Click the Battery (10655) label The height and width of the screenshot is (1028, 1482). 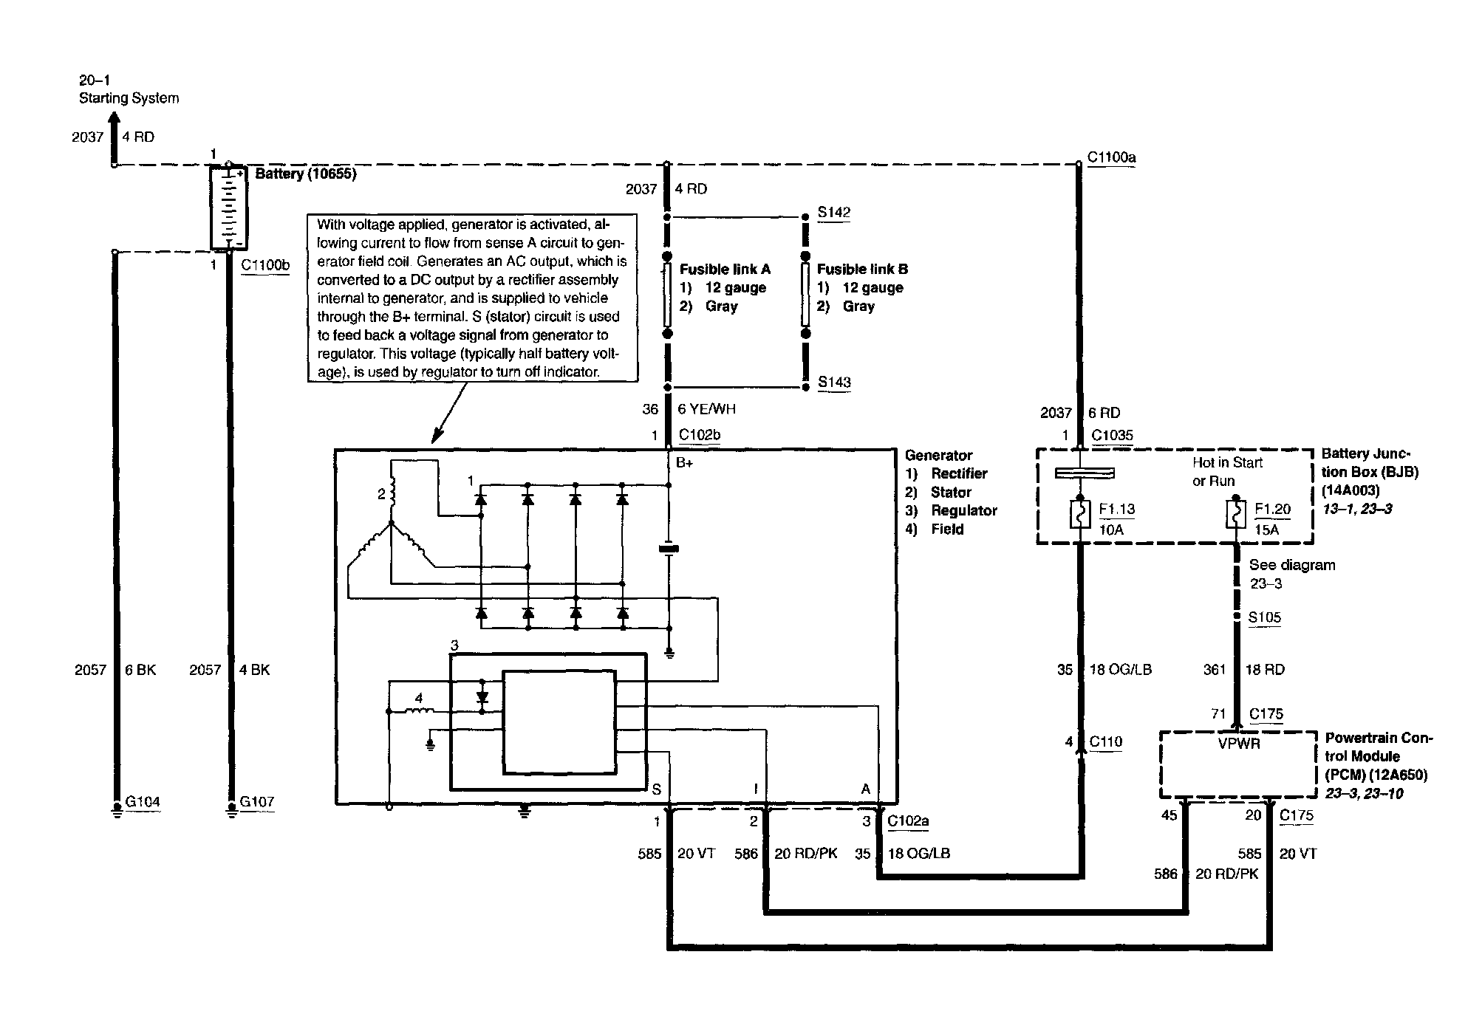pyautogui.click(x=306, y=174)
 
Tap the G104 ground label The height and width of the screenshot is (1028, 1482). pyautogui.click(x=143, y=801)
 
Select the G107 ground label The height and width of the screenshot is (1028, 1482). pyautogui.click(x=256, y=801)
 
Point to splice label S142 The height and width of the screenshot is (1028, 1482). pyautogui.click(x=834, y=213)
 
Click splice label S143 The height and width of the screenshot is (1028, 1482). pyautogui.click(x=834, y=383)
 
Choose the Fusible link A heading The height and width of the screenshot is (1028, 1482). pyautogui.click(x=725, y=270)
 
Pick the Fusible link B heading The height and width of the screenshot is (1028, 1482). pyautogui.click(x=862, y=270)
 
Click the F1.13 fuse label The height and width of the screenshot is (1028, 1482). pyautogui.click(x=1116, y=510)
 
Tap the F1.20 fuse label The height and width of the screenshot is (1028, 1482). pyautogui.click(x=1272, y=510)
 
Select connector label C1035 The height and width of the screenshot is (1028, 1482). pyautogui.click(x=1112, y=435)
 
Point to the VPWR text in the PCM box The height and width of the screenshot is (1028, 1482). pyautogui.click(x=1239, y=744)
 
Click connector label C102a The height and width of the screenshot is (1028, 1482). pyautogui.click(x=908, y=820)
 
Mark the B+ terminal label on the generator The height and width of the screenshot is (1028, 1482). pyautogui.click(x=685, y=464)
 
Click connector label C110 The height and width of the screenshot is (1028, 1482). pyautogui.click(x=1106, y=742)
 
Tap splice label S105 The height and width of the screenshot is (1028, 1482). pyautogui.click(x=1264, y=618)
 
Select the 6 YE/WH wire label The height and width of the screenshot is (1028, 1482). pyautogui.click(x=707, y=409)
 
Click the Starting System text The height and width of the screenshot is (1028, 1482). pyautogui.click(x=129, y=98)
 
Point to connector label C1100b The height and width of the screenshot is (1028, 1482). pyautogui.click(x=265, y=264)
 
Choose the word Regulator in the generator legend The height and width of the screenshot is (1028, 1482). pyautogui.click(x=963, y=511)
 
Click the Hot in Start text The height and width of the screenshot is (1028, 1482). pyautogui.click(x=1227, y=463)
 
